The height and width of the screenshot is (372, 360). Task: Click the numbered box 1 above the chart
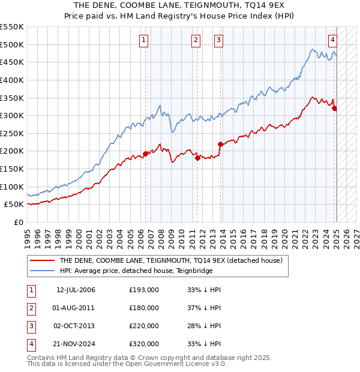click(x=145, y=40)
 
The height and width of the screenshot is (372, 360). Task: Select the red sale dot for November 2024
click(x=335, y=109)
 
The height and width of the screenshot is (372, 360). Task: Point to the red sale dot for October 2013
click(x=220, y=144)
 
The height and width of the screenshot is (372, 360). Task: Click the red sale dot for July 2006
click(x=145, y=154)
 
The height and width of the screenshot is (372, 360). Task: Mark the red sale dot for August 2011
click(x=197, y=158)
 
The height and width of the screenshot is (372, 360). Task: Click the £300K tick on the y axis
click(x=13, y=115)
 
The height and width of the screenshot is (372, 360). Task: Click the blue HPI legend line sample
click(x=41, y=271)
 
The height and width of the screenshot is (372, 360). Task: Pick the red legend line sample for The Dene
click(x=41, y=260)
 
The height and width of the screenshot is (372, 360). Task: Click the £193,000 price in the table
click(x=144, y=290)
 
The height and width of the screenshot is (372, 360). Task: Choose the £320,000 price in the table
click(x=144, y=344)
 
